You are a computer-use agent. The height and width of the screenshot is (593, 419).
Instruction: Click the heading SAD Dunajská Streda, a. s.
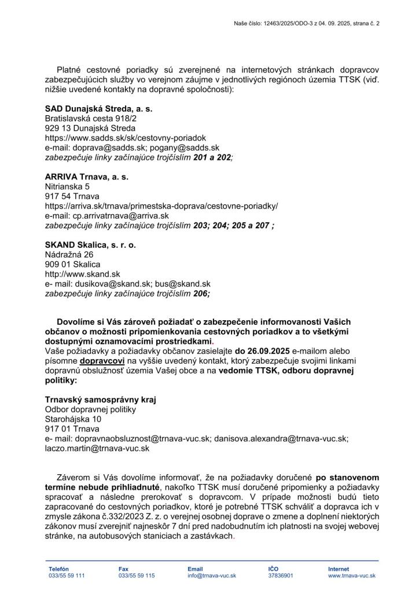point(99,108)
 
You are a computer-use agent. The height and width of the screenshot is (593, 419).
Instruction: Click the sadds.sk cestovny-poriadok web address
point(126,138)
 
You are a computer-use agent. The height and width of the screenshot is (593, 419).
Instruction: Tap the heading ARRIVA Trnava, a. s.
point(87,177)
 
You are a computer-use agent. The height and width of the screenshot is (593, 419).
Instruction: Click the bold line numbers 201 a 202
point(212,158)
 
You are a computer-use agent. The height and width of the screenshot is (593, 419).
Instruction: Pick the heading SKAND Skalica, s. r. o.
point(90,245)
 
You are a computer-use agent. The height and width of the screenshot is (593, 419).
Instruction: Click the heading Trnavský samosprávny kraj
point(101,400)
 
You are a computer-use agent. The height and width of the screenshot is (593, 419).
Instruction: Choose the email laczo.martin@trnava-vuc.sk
point(97,448)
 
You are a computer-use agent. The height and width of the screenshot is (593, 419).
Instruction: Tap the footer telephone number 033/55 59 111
point(67,576)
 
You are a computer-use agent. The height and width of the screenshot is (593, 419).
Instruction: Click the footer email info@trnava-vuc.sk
point(211,576)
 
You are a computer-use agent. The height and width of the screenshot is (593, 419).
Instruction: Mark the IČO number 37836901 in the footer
point(281,576)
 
